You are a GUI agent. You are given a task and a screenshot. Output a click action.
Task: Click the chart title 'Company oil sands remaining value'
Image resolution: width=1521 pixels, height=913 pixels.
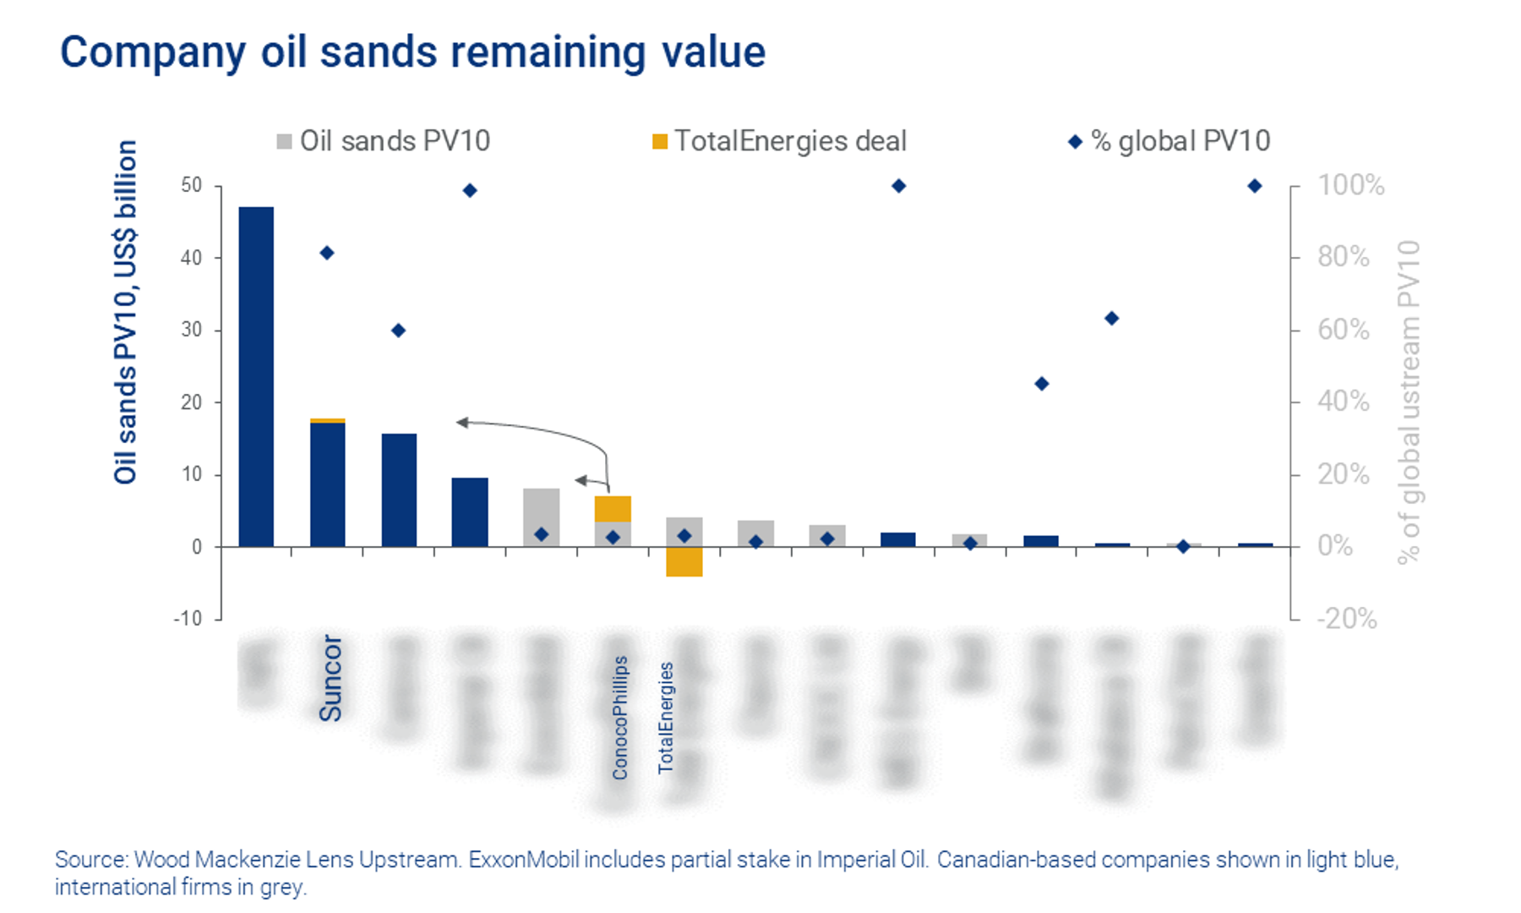[x=412, y=52]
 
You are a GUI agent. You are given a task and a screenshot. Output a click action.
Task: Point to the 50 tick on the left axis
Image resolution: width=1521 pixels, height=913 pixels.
[x=192, y=185]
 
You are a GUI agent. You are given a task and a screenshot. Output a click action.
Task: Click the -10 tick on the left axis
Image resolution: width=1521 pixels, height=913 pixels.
[x=188, y=619]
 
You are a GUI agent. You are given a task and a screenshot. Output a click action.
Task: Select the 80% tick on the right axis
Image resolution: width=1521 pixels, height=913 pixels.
[x=1344, y=257]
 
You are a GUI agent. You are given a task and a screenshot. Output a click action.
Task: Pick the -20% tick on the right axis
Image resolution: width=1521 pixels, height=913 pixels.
[x=1347, y=619]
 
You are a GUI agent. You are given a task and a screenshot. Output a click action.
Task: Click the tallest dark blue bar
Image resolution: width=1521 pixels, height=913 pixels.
[x=256, y=376]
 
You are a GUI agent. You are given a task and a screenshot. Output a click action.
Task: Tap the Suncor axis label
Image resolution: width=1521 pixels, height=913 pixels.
[x=330, y=678]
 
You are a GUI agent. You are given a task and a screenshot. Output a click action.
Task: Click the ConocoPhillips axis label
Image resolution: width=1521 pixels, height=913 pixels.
[x=620, y=718]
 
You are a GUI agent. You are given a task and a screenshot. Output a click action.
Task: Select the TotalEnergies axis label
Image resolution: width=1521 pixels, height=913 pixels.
[x=666, y=718]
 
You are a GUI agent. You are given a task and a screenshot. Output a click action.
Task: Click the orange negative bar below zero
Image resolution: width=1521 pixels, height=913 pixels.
[x=684, y=562]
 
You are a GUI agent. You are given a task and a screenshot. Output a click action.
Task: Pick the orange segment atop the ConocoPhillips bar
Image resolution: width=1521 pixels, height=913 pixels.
[x=613, y=509]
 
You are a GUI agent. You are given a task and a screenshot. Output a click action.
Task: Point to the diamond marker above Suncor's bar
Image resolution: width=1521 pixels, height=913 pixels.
[x=327, y=253]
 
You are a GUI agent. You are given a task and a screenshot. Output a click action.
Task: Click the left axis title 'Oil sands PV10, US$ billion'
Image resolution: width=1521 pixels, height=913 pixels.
[x=126, y=313]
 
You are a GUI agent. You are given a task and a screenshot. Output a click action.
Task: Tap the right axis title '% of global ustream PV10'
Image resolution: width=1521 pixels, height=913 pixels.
[x=1409, y=402]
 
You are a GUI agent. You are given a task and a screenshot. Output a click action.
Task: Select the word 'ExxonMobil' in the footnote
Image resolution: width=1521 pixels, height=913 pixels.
[x=524, y=860]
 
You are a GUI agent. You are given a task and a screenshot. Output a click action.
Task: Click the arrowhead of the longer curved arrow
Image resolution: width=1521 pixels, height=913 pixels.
[x=462, y=422]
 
